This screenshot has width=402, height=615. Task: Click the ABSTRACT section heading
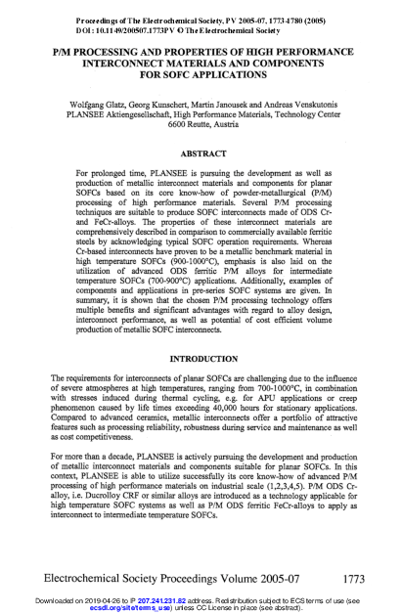click(x=201, y=154)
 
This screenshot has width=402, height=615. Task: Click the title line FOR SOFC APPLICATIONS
click(x=201, y=71)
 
